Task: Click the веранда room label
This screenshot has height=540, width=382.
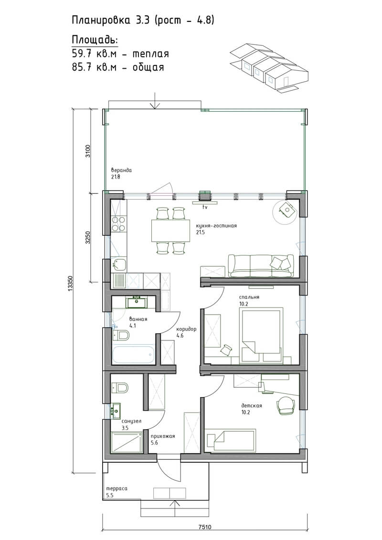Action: click(121, 170)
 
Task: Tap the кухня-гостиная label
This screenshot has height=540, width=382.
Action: click(216, 226)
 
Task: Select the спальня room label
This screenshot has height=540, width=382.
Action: click(249, 297)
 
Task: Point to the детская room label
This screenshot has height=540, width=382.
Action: click(252, 405)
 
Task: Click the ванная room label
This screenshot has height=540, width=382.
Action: click(138, 319)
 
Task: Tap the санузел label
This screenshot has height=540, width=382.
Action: click(131, 421)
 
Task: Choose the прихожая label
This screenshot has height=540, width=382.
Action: click(163, 436)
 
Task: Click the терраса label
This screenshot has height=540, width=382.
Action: click(117, 488)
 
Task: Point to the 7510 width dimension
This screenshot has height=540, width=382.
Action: click(205, 527)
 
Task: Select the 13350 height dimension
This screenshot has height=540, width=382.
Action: click(70, 284)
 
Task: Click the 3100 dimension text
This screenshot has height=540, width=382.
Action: click(88, 151)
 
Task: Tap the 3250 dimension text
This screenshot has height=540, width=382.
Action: click(88, 237)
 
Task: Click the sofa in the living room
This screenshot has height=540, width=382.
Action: click(261, 266)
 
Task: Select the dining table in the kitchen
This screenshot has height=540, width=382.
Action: click(170, 231)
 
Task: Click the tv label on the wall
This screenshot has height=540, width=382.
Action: click(204, 207)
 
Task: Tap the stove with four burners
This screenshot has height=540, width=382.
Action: click(119, 223)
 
